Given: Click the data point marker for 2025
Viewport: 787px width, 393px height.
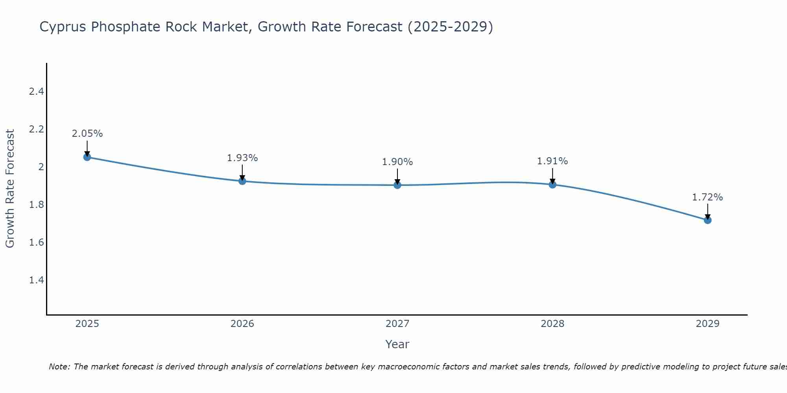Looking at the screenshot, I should (87, 157).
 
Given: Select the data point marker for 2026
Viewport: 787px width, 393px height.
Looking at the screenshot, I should (242, 181).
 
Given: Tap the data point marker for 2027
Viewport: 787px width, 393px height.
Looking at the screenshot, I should (397, 185).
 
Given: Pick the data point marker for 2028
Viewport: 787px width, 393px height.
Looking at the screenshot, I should (552, 184).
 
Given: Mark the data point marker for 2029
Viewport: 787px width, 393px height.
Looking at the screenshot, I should (708, 220).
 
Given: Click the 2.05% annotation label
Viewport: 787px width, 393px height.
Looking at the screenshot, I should (87, 134).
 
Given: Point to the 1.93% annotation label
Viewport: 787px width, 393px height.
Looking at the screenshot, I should (242, 158).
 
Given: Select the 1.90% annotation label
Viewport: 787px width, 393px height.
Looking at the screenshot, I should (397, 162).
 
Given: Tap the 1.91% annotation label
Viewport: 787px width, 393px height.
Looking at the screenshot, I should (552, 161).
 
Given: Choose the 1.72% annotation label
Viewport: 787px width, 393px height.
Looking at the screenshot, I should (708, 197).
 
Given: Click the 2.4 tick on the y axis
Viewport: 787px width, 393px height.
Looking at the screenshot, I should (36, 92).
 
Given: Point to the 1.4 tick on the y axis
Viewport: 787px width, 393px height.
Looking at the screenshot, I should (36, 280).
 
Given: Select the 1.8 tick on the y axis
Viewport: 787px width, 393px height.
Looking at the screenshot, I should (36, 205).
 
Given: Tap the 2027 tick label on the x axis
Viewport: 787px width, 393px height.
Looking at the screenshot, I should (397, 324).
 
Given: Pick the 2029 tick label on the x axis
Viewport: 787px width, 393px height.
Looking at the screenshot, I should (708, 324).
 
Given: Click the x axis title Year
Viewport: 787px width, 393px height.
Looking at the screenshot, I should (397, 344).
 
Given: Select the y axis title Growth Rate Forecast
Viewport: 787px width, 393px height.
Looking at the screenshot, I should (10, 189).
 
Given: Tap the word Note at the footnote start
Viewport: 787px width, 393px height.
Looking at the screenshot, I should (59, 367).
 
